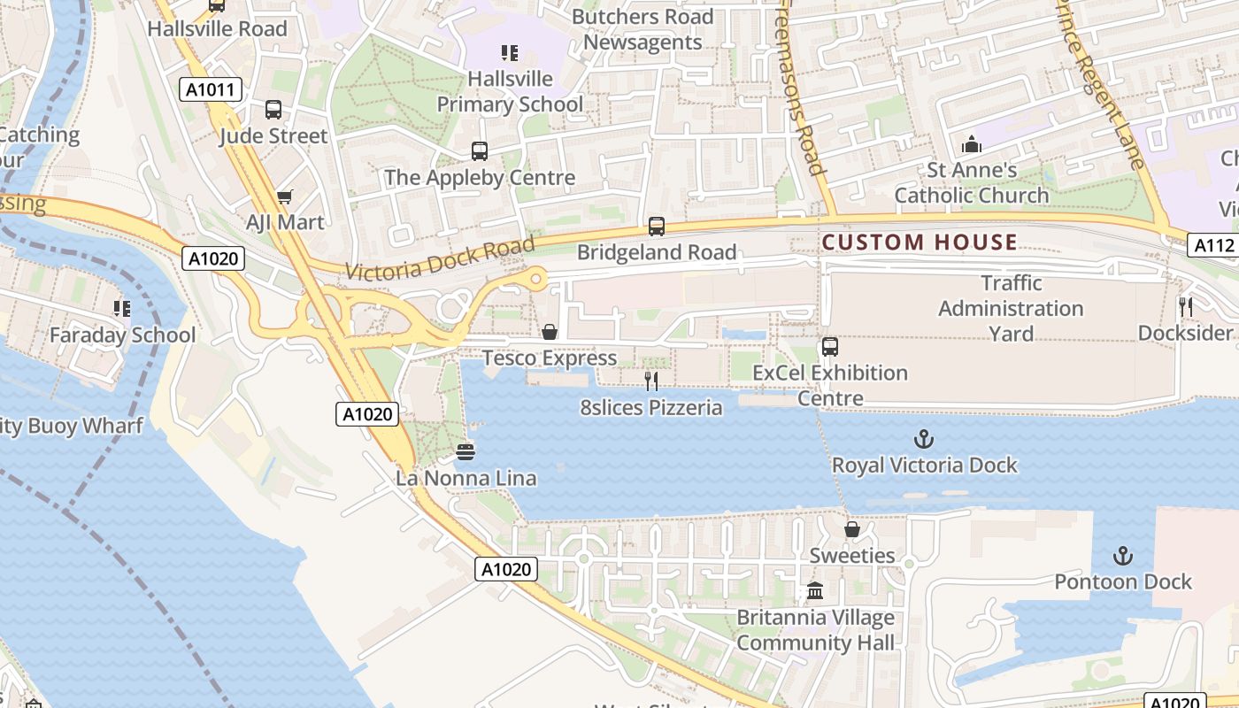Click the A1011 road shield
click(x=211, y=89)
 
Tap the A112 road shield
click(x=1211, y=246)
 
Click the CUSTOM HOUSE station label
click(x=920, y=242)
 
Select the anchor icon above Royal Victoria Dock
click(x=924, y=439)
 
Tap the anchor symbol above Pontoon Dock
click(x=1122, y=556)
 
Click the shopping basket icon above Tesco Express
click(x=550, y=332)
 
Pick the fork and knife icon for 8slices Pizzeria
click(x=651, y=381)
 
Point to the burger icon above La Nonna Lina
click(x=466, y=452)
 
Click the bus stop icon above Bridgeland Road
click(x=656, y=227)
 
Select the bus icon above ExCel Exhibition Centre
click(x=829, y=347)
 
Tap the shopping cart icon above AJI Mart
click(x=284, y=196)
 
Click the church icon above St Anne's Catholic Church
click(x=971, y=143)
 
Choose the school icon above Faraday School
click(x=122, y=309)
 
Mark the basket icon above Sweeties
click(x=851, y=529)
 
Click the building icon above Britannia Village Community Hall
click(x=815, y=591)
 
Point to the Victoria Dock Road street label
click(x=440, y=258)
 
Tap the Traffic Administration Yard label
click(x=1011, y=308)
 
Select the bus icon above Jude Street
click(x=273, y=110)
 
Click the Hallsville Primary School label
click(x=510, y=91)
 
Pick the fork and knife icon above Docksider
click(x=1185, y=307)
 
